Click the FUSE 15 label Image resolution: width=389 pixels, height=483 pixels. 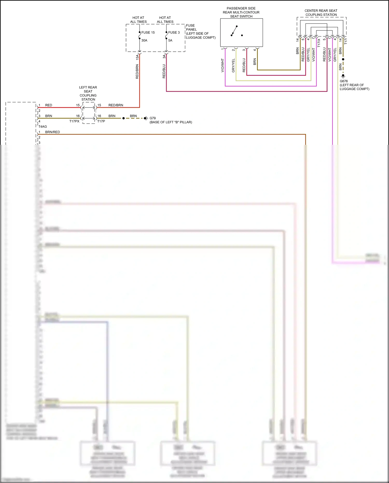(148, 32)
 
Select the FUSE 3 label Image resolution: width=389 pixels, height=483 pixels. (174, 32)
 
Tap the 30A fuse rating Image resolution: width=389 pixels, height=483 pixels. (144, 40)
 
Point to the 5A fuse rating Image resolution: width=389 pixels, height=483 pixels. (170, 40)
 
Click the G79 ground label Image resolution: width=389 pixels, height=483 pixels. (152, 118)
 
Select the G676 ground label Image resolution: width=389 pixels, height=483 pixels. (344, 81)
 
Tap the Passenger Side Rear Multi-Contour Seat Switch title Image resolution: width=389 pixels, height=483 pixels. (241, 12)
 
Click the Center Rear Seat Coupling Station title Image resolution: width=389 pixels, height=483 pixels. (321, 13)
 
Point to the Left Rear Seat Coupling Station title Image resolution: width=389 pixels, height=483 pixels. (88, 93)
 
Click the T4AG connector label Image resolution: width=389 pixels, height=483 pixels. (43, 127)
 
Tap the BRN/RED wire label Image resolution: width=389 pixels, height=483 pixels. (52, 132)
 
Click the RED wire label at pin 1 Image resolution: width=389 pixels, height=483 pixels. (48, 105)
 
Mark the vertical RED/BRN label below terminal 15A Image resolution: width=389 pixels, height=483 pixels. (137, 72)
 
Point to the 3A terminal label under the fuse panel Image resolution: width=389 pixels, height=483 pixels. (164, 56)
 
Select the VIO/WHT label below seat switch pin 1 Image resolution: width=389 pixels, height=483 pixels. (223, 65)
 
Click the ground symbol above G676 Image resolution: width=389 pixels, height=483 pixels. (343, 76)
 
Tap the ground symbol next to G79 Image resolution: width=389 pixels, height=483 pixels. (146, 118)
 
